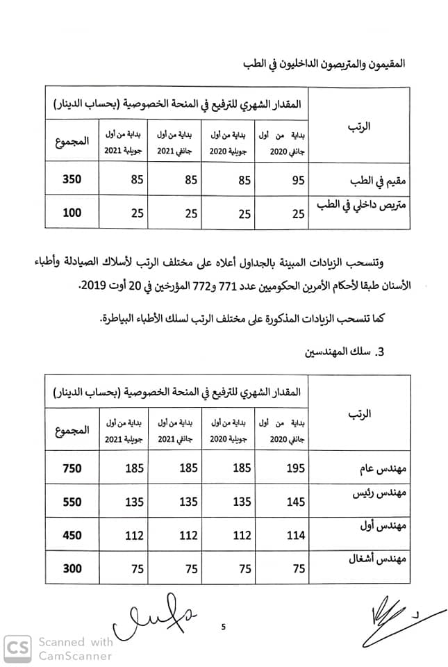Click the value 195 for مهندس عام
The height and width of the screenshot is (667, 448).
(x=296, y=468)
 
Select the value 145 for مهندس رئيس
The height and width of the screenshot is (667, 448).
(x=296, y=502)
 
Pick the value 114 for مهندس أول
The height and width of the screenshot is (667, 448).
(x=296, y=536)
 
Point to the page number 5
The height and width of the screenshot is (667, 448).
(x=224, y=627)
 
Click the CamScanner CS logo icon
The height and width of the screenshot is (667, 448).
(x=18, y=649)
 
